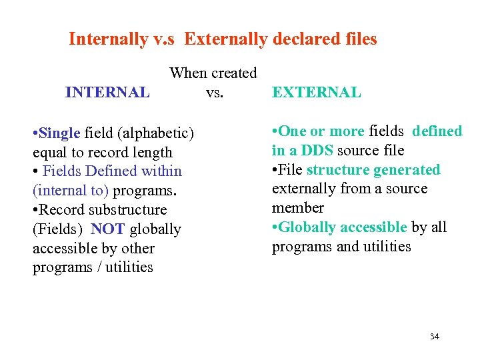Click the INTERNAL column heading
click(107, 93)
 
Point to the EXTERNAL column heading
click(316, 93)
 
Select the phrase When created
click(213, 73)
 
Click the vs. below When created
click(214, 92)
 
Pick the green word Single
click(60, 133)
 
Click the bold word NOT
click(108, 229)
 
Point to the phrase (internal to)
click(71, 191)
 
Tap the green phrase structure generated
click(373, 170)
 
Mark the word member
click(297, 207)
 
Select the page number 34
click(434, 337)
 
